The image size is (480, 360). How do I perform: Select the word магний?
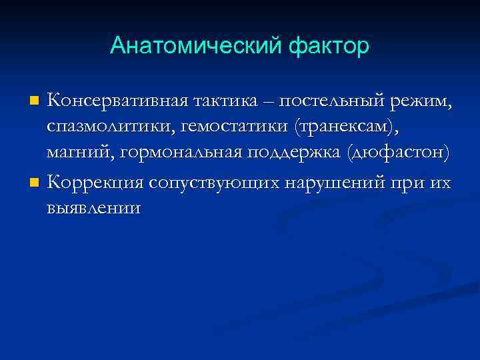coord(77,154)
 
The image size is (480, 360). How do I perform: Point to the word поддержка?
coord(293,154)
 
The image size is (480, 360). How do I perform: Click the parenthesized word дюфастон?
coord(399,154)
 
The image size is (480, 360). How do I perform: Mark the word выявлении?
coord(93,207)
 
